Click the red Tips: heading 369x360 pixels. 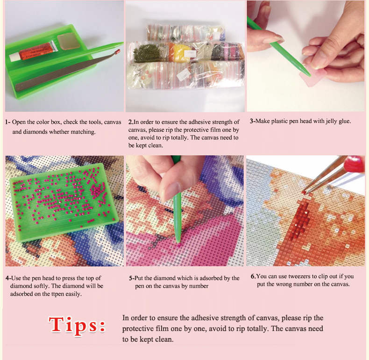coord(77,325)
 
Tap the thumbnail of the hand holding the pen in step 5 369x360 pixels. coord(172,190)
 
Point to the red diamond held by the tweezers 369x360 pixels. coord(304,192)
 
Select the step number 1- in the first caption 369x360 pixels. coord(8,122)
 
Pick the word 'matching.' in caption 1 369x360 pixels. coord(83,132)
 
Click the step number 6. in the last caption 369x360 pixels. coord(253,276)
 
